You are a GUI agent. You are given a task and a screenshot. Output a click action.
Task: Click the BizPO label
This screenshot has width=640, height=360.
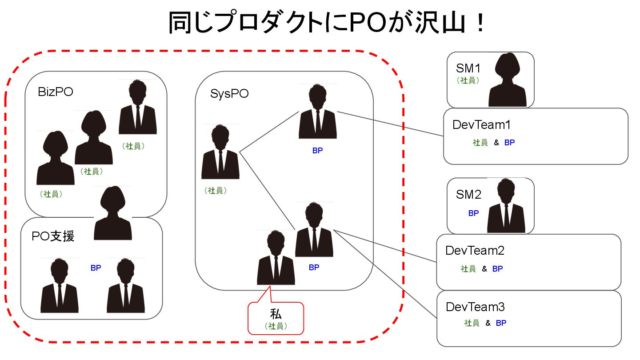(56, 92)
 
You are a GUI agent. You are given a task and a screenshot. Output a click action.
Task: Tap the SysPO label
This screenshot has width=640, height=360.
(229, 94)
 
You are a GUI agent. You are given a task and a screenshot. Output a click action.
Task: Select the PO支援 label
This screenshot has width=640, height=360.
(53, 236)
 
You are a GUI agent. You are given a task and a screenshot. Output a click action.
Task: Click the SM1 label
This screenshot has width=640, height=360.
(468, 68)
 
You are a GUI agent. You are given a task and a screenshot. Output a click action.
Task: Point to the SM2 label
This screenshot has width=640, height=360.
(468, 195)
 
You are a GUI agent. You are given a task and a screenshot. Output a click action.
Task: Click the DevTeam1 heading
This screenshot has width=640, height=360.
(481, 125)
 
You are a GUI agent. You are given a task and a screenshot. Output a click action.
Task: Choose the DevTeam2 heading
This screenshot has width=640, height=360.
(475, 251)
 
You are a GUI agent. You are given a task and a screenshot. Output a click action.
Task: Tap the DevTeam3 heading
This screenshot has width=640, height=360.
(475, 307)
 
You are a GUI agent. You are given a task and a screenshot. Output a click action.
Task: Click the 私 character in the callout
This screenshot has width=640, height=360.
(276, 314)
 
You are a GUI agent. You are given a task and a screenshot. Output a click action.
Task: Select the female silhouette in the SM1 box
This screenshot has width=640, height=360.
(507, 80)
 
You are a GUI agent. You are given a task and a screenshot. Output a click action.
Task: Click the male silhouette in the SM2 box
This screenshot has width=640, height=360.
(506, 205)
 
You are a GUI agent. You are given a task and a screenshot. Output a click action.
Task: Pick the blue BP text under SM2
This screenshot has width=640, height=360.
(473, 213)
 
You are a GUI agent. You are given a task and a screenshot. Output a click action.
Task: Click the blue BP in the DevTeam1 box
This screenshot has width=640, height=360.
(509, 142)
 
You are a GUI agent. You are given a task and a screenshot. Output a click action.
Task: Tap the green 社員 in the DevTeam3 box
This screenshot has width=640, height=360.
(472, 323)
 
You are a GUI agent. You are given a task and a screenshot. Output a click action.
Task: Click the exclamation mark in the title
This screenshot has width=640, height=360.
(480, 23)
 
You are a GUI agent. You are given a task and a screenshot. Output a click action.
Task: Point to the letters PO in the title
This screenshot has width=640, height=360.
(368, 23)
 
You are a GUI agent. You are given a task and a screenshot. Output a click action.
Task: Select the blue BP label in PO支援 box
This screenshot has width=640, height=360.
(96, 268)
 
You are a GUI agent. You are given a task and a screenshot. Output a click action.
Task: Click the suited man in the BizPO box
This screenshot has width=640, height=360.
(138, 107)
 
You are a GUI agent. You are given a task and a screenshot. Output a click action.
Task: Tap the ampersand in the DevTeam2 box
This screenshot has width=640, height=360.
(484, 268)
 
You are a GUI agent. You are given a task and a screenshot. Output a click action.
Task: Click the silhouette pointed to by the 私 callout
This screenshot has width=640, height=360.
(276, 257)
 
